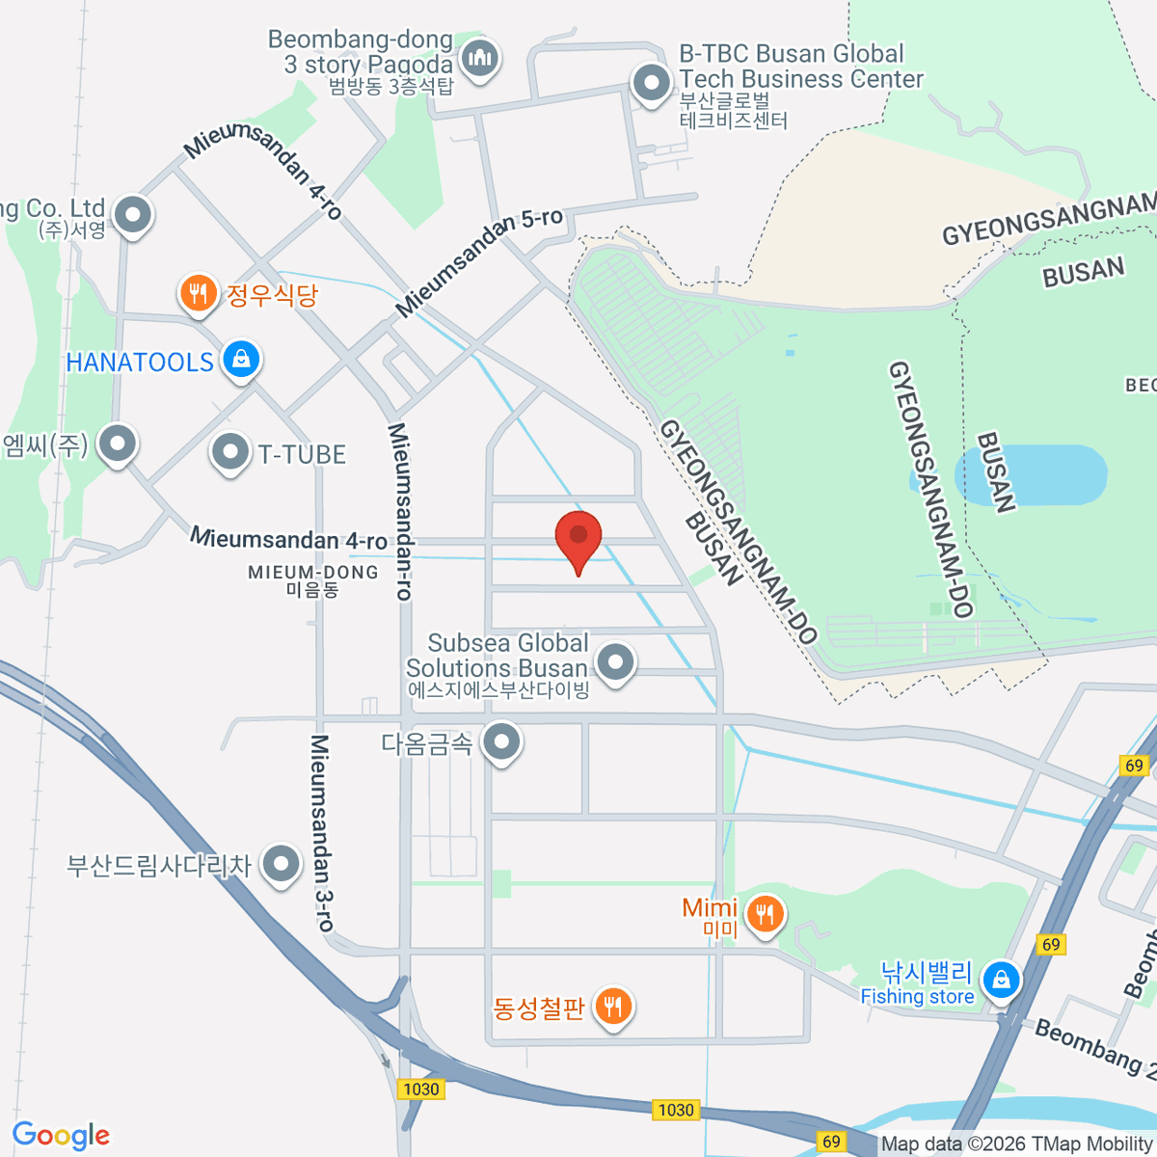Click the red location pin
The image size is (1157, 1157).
578,538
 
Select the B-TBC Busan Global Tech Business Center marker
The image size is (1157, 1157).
652,83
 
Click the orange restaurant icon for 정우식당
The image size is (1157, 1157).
199,292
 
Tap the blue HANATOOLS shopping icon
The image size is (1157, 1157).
241,360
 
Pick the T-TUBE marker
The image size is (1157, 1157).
229,451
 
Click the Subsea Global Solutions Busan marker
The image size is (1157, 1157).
615,662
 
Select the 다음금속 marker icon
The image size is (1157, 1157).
501,742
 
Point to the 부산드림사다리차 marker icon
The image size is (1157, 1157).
281,864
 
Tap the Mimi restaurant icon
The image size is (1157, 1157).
766,912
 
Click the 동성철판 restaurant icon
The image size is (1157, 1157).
612,1007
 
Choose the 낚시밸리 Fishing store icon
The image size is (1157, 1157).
1001,981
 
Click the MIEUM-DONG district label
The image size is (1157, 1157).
313,579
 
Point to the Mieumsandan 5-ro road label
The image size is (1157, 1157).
479,260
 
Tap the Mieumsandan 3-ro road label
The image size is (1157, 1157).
322,833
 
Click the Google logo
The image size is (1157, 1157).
61,1135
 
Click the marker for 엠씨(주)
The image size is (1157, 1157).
118,444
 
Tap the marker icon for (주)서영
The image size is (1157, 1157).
133,215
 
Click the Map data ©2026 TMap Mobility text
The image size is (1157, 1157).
1016,1144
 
